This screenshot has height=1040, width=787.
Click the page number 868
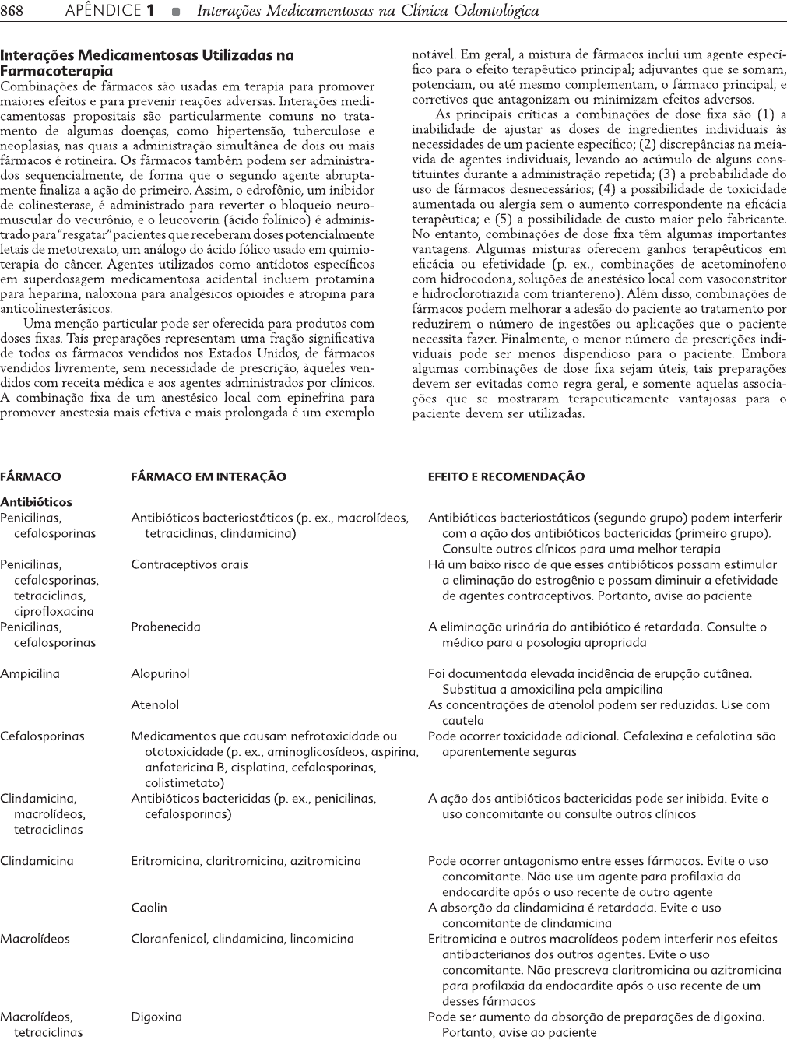(13, 11)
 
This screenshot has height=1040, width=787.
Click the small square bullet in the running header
(177, 12)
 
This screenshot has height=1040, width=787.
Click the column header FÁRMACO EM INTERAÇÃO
(208, 476)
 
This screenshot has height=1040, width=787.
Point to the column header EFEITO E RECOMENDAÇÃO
(506, 476)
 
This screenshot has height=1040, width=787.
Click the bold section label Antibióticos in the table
(36, 502)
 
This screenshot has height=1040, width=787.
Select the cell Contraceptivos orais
(189, 564)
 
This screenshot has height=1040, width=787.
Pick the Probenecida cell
(165, 627)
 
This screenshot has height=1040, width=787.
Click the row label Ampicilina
(30, 673)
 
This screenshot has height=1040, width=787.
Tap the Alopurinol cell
(160, 673)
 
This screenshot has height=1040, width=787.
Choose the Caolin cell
(149, 907)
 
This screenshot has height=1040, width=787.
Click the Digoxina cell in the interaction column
(156, 1016)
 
